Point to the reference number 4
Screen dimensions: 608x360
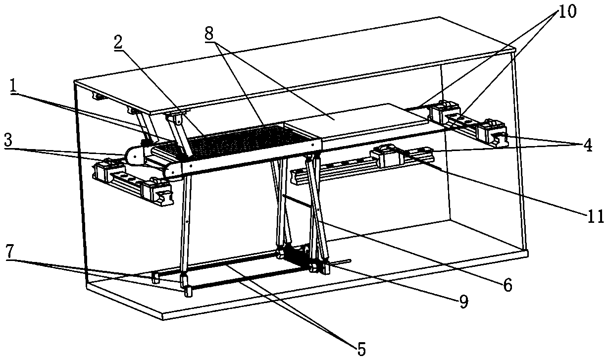pyautogui.click(x=587, y=145)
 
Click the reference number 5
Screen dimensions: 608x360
pyautogui.click(x=361, y=349)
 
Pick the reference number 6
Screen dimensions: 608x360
pyautogui.click(x=507, y=285)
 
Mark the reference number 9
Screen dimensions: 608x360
pyautogui.click(x=463, y=302)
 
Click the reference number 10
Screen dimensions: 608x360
pyautogui.click(x=567, y=11)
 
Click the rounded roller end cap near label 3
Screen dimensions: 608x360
pyautogui.click(x=134, y=155)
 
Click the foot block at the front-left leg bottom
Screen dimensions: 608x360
pyautogui.click(x=188, y=292)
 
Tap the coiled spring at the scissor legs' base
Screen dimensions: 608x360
pyautogui.click(x=295, y=256)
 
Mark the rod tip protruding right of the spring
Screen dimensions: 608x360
pyautogui.click(x=346, y=261)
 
